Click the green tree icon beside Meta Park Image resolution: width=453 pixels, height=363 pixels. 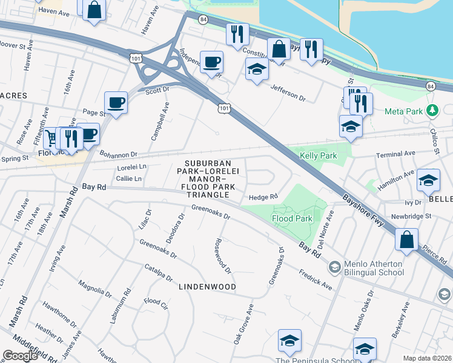[432, 111]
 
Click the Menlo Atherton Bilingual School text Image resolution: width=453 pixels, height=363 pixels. [374, 268]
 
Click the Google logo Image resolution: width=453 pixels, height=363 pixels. [20, 356]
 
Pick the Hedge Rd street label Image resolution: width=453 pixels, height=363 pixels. [263, 197]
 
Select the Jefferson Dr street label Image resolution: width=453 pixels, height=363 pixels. [288, 93]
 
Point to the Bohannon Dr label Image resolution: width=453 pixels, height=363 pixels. [119, 154]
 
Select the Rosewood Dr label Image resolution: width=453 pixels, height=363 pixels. [222, 254]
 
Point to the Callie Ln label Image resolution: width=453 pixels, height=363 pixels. [128, 178]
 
